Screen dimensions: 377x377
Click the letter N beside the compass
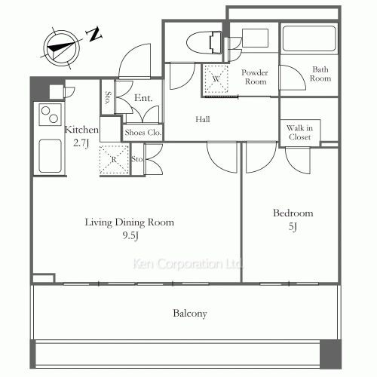coord(94,34)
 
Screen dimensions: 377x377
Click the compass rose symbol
coord(62,48)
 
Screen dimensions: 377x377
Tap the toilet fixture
coord(204,42)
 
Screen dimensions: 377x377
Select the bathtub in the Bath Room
coord(309,39)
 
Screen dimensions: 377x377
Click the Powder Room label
coord(255,77)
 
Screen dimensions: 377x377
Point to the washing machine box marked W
coord(216,78)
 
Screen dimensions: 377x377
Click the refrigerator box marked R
coord(114,160)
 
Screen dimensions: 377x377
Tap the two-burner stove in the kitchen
coord(50,115)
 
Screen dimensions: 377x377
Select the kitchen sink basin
coord(51,156)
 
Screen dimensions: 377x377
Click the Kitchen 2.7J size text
coord(81,143)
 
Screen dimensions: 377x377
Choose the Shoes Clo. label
coord(143,133)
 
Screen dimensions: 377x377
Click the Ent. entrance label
coord(143,98)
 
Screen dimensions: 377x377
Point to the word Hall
coord(203,119)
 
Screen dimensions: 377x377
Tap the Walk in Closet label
coord(299,133)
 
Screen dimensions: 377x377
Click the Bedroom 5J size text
coord(293,227)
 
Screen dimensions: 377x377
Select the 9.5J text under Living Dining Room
coord(130,236)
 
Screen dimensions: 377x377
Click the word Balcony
coord(190,314)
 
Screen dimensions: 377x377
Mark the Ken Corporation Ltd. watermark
coord(188,264)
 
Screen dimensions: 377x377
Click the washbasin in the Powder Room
coord(255,38)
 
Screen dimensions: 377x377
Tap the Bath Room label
coord(320,74)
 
